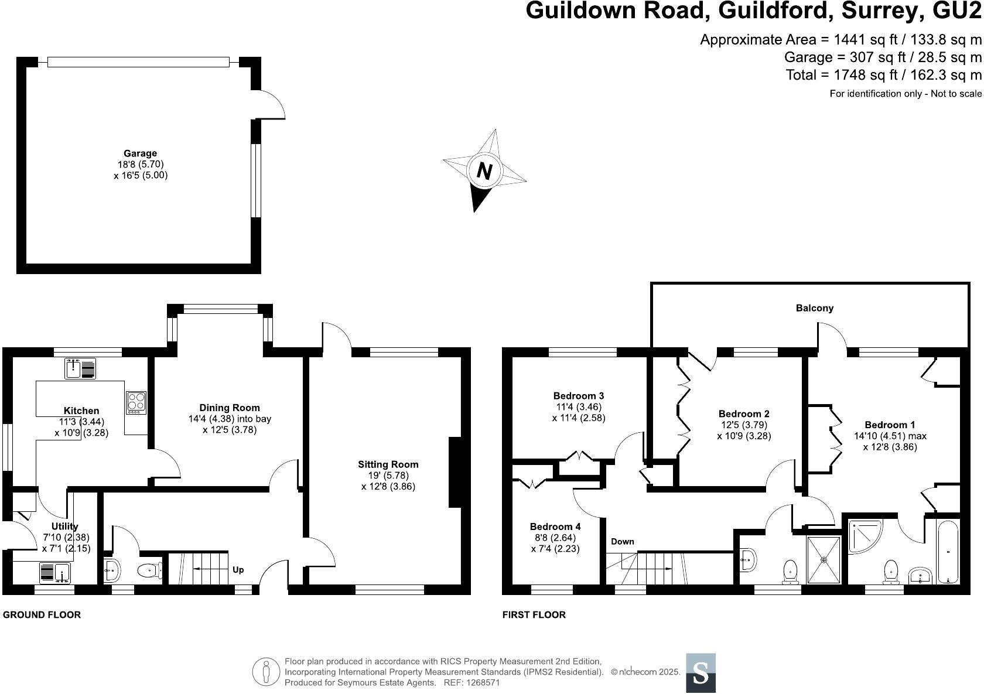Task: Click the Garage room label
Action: tap(141, 153)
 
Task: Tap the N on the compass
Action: tap(484, 171)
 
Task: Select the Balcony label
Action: tap(814, 308)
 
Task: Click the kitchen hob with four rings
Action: tap(136, 402)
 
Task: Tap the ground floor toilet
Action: tap(150, 570)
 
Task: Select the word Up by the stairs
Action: tap(238, 569)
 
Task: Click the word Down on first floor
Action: tap(623, 542)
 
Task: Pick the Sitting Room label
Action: tap(388, 464)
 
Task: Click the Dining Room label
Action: tap(230, 408)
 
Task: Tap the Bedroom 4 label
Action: tap(555, 527)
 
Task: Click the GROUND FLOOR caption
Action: tap(42, 614)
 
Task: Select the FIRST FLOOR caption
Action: tap(534, 614)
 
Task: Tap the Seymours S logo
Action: tap(701, 673)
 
